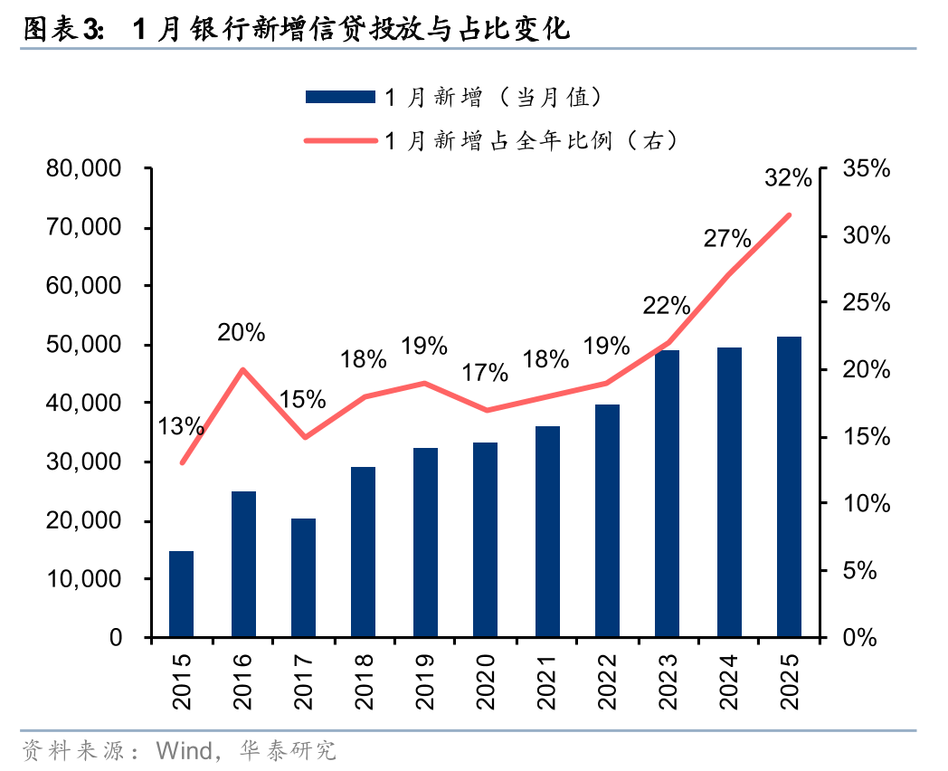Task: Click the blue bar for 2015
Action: pos(182,594)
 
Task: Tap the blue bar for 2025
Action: pos(789,487)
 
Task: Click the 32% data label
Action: pos(788,178)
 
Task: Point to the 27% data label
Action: pos(727,239)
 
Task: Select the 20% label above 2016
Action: pos(242,333)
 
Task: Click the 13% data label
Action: pos(181,426)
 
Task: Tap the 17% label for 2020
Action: pos(485,372)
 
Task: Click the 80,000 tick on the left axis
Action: pos(90,169)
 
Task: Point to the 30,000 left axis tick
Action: pos(90,462)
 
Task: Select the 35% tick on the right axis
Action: pos(866,169)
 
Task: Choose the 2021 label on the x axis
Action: pos(547,680)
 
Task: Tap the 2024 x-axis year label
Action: pos(729,680)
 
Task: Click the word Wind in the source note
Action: pos(184,750)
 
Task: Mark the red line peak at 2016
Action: pos(242,369)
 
